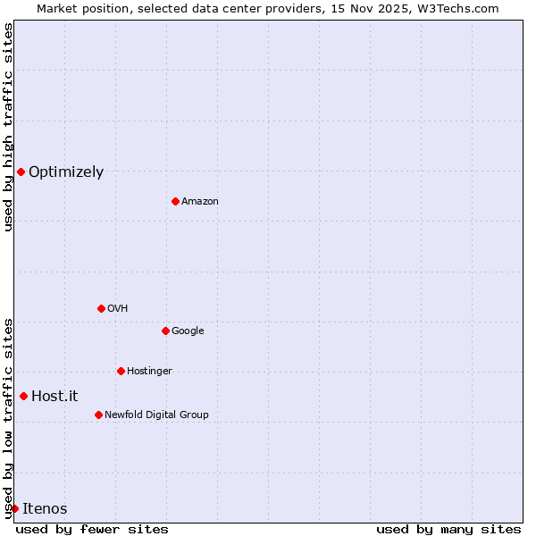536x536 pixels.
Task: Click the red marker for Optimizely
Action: click(21, 172)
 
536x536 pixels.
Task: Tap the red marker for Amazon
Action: click(175, 201)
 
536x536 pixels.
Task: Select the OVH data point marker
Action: click(101, 308)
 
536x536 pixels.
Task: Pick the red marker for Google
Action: click(165, 331)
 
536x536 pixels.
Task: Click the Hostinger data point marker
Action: click(121, 371)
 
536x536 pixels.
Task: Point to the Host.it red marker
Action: click(23, 396)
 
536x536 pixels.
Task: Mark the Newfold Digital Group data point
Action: click(98, 415)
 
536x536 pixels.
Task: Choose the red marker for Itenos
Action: click(14, 508)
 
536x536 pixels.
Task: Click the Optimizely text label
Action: click(66, 172)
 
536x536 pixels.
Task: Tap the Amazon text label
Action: click(200, 202)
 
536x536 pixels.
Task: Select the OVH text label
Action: click(118, 309)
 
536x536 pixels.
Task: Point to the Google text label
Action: click(188, 331)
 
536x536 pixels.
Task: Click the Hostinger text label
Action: click(149, 372)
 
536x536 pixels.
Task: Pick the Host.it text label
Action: click(54, 397)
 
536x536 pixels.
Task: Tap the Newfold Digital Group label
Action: click(156, 415)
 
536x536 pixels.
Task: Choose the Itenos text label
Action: click(45, 509)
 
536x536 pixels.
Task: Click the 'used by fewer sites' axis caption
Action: click(92, 529)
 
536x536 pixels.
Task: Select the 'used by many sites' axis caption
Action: click(448, 529)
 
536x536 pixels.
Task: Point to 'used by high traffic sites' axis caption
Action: click(8, 127)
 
